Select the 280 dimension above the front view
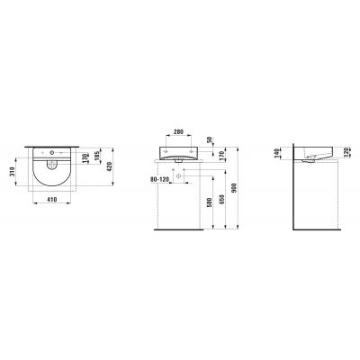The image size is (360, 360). [179, 132]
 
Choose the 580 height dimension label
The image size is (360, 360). [209, 202]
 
